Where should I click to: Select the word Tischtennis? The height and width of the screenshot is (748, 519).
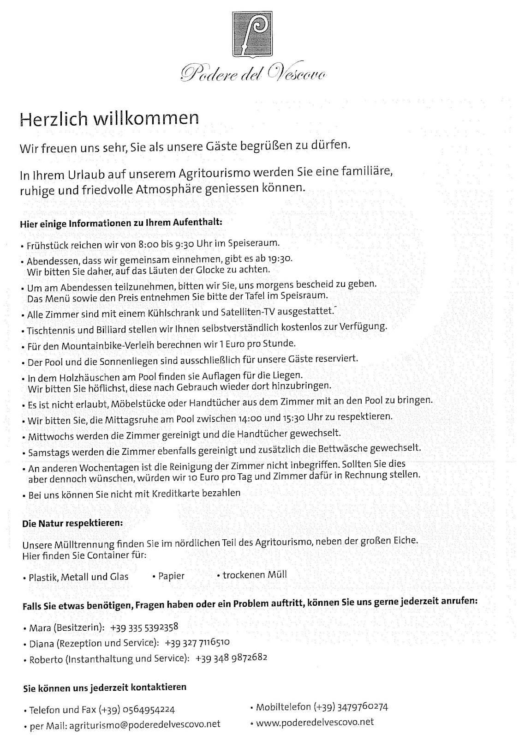pos(47,330)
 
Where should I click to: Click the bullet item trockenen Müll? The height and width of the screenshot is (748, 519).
pos(254,575)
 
